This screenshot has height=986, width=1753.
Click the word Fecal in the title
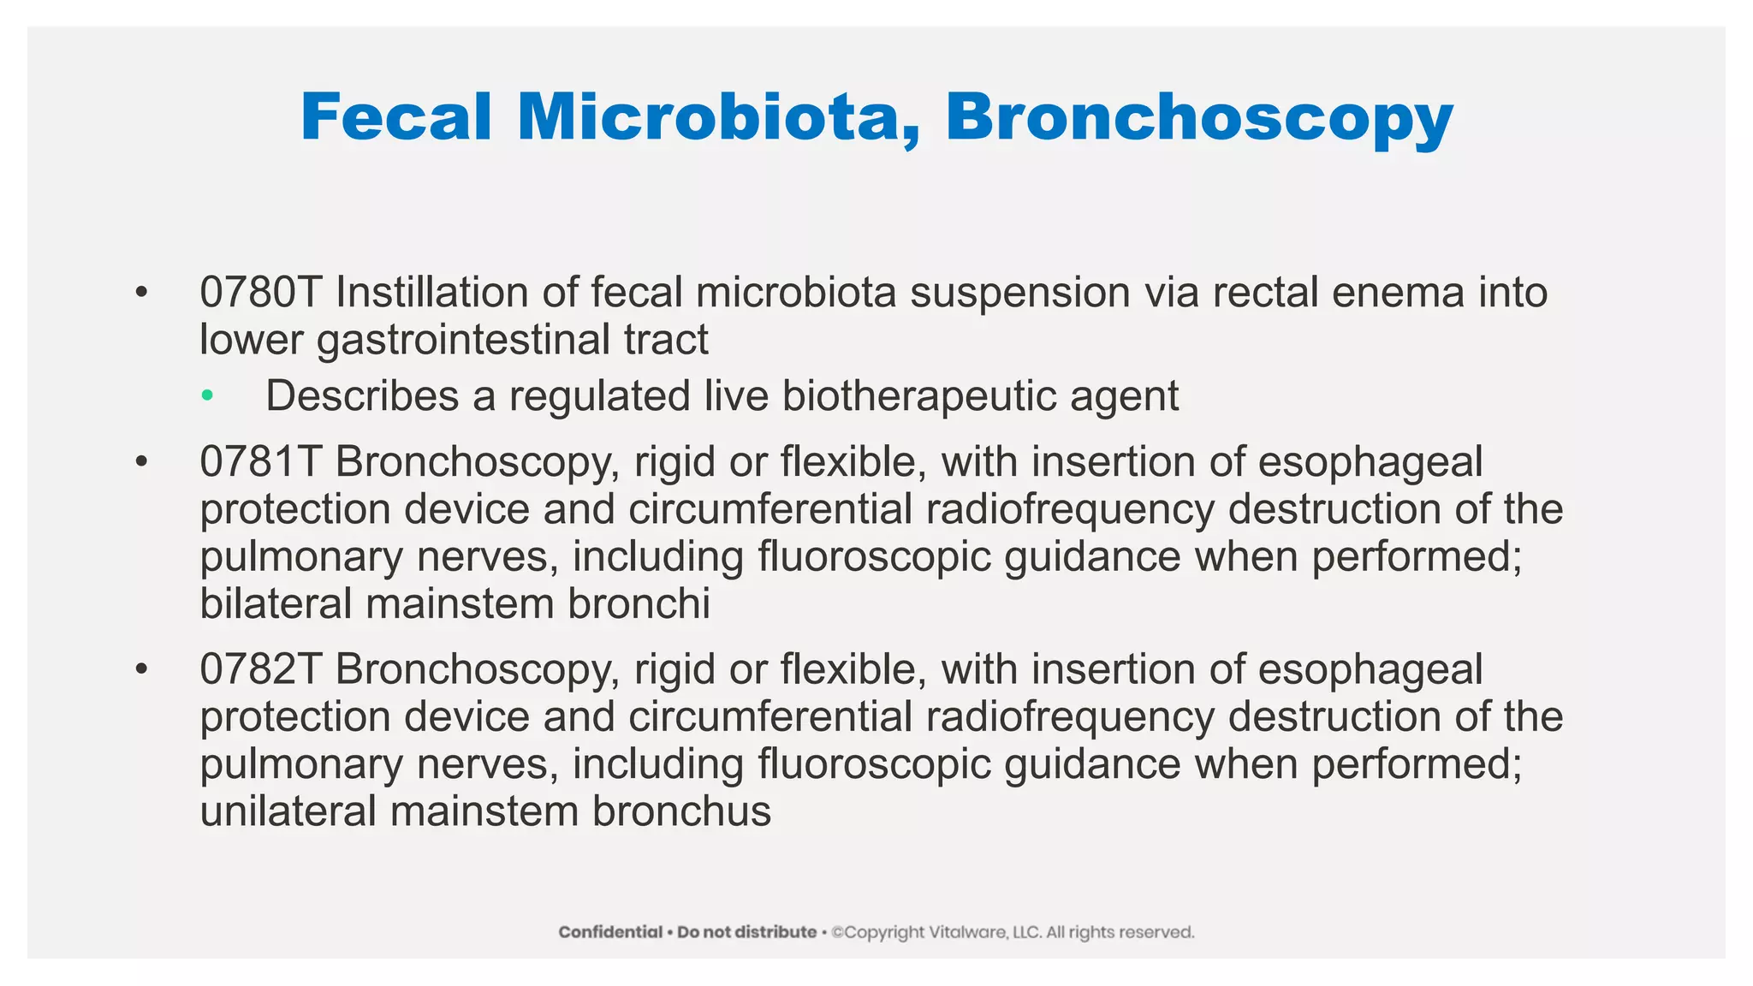tap(395, 117)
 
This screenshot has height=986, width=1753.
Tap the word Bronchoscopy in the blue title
tap(1198, 117)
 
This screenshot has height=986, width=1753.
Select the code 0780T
tap(260, 293)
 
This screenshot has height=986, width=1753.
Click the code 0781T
tap(260, 462)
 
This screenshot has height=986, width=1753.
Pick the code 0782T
tap(260, 669)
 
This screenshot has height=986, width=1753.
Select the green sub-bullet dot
tap(206, 395)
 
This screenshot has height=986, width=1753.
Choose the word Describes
tap(362, 396)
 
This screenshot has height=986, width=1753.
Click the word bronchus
tap(681, 811)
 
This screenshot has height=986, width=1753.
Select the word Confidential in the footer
tap(610, 932)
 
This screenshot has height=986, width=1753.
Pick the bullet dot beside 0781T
tap(141, 462)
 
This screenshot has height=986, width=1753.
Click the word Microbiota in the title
tap(719, 117)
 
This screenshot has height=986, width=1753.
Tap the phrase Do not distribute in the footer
tap(746, 932)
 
